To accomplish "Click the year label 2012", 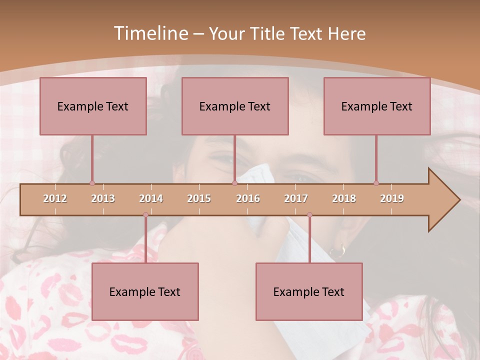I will (x=55, y=198).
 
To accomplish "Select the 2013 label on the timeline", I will (x=103, y=198).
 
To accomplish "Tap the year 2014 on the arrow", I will (x=151, y=198).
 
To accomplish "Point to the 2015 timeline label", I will (x=199, y=198).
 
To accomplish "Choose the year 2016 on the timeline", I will (x=248, y=198).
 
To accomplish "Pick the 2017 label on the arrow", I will (x=296, y=198).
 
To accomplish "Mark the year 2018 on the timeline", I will (x=344, y=198).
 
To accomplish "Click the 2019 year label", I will (x=392, y=198).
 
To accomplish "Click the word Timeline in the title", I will (x=150, y=33).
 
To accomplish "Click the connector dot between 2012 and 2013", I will (x=92, y=183).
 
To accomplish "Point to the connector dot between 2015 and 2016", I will (x=234, y=183).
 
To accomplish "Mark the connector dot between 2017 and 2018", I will (x=309, y=215).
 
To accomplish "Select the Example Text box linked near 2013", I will (x=93, y=106).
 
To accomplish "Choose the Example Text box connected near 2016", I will (x=235, y=106).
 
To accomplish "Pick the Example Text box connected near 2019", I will (x=377, y=106).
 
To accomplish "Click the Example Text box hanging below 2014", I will (x=145, y=291).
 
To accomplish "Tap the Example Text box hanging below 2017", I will (x=309, y=291).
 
